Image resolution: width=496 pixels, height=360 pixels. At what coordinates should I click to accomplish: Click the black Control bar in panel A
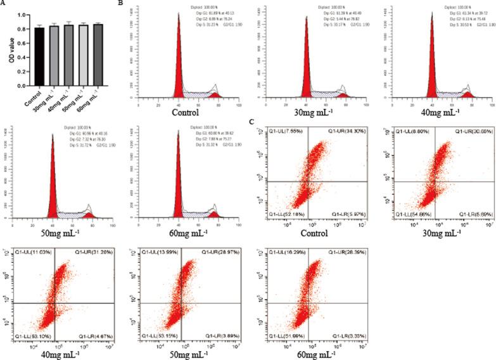[39, 57]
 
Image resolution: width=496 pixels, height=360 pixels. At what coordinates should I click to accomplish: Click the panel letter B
[121, 4]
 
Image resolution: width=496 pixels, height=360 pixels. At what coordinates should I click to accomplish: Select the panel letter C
[253, 122]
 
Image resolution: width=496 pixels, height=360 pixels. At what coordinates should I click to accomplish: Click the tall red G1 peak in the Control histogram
[179, 63]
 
